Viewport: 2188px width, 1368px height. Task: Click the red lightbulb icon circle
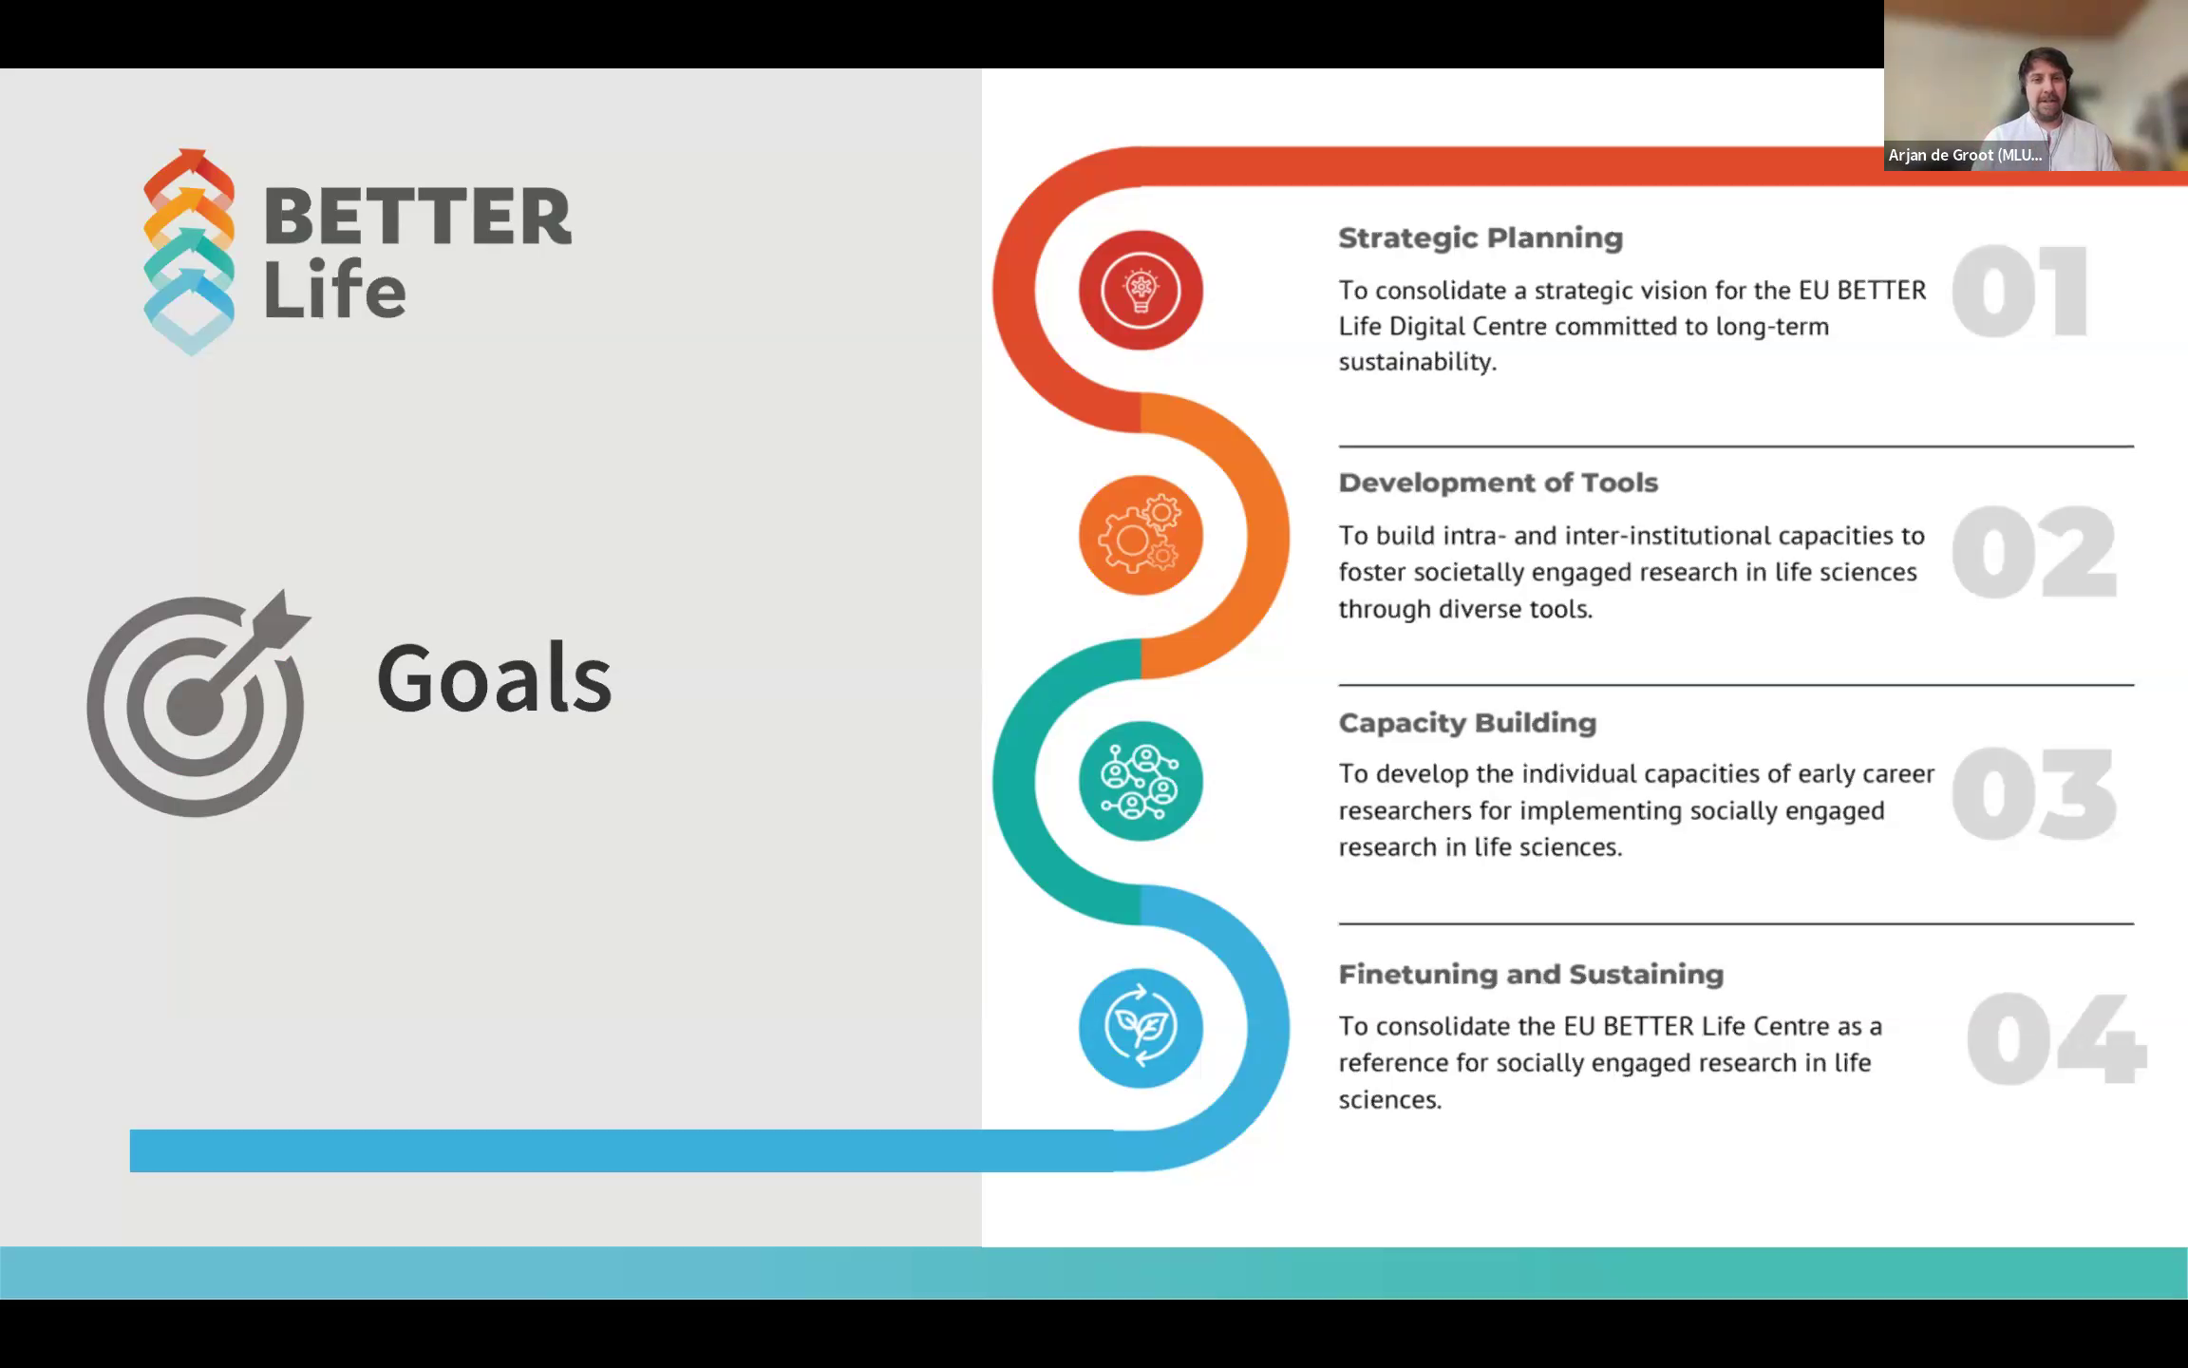click(x=1141, y=290)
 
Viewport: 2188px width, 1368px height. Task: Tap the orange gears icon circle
click(x=1141, y=536)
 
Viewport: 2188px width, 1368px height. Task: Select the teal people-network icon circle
click(x=1141, y=781)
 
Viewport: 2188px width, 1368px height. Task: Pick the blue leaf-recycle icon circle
click(x=1141, y=1027)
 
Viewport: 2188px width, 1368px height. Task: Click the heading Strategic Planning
click(x=1481, y=237)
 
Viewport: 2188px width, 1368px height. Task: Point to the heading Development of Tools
click(x=1499, y=483)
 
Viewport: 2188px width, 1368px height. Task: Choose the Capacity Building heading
click(x=1467, y=723)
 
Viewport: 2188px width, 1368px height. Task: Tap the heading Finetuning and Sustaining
click(x=1531, y=975)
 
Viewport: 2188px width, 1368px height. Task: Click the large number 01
click(x=2019, y=291)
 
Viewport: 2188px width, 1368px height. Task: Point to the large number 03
click(x=2033, y=794)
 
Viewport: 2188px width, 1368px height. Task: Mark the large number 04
click(x=2054, y=1038)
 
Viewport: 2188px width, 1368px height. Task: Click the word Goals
click(x=494, y=677)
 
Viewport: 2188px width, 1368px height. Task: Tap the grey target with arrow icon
click(x=198, y=703)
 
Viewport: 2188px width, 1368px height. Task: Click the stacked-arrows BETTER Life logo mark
click(x=189, y=252)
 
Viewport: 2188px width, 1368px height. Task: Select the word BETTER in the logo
click(x=418, y=217)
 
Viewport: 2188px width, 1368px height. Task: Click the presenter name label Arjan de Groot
click(x=1964, y=155)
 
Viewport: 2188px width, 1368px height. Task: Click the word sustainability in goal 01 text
click(x=1417, y=362)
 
